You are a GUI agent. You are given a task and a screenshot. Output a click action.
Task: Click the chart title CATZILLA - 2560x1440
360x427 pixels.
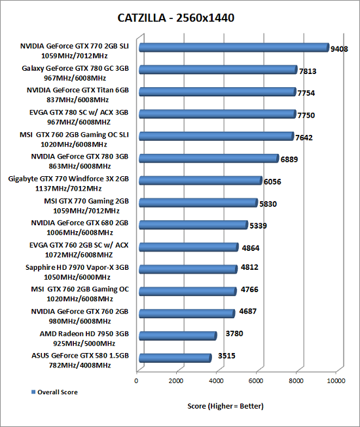(x=176, y=18)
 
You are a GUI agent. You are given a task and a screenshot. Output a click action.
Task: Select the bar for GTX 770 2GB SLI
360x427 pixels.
(x=234, y=47)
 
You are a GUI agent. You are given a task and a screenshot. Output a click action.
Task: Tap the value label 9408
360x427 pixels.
(x=339, y=49)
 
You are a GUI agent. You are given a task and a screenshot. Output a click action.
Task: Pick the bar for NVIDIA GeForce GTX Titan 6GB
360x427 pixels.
(x=217, y=92)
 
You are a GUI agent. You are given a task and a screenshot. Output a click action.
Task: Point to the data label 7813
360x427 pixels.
(x=308, y=71)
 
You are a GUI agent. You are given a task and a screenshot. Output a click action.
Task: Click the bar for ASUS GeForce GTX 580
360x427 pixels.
(x=175, y=358)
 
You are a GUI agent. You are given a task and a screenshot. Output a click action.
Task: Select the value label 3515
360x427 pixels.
(x=226, y=356)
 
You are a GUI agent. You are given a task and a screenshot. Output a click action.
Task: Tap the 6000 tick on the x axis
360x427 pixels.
(x=256, y=381)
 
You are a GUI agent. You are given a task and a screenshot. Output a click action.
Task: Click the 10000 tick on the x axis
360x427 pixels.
(x=336, y=381)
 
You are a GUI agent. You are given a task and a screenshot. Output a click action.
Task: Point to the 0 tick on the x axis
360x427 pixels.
(x=136, y=381)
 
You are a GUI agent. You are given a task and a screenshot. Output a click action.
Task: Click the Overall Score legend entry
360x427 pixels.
(x=54, y=392)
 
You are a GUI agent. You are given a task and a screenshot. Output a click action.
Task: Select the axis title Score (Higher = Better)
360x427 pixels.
(x=225, y=406)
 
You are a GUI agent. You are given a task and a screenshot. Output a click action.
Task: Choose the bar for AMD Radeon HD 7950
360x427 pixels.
(x=178, y=335)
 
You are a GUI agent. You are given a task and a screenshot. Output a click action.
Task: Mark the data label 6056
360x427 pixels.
(x=272, y=181)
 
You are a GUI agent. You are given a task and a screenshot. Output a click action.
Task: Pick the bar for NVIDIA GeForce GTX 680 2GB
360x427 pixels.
(x=194, y=225)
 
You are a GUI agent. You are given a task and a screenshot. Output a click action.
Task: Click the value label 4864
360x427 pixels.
(x=251, y=248)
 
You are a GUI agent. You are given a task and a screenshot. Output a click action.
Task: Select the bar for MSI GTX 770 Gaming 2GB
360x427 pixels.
(x=198, y=202)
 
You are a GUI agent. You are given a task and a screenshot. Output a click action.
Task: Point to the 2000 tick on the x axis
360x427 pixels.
(x=176, y=381)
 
